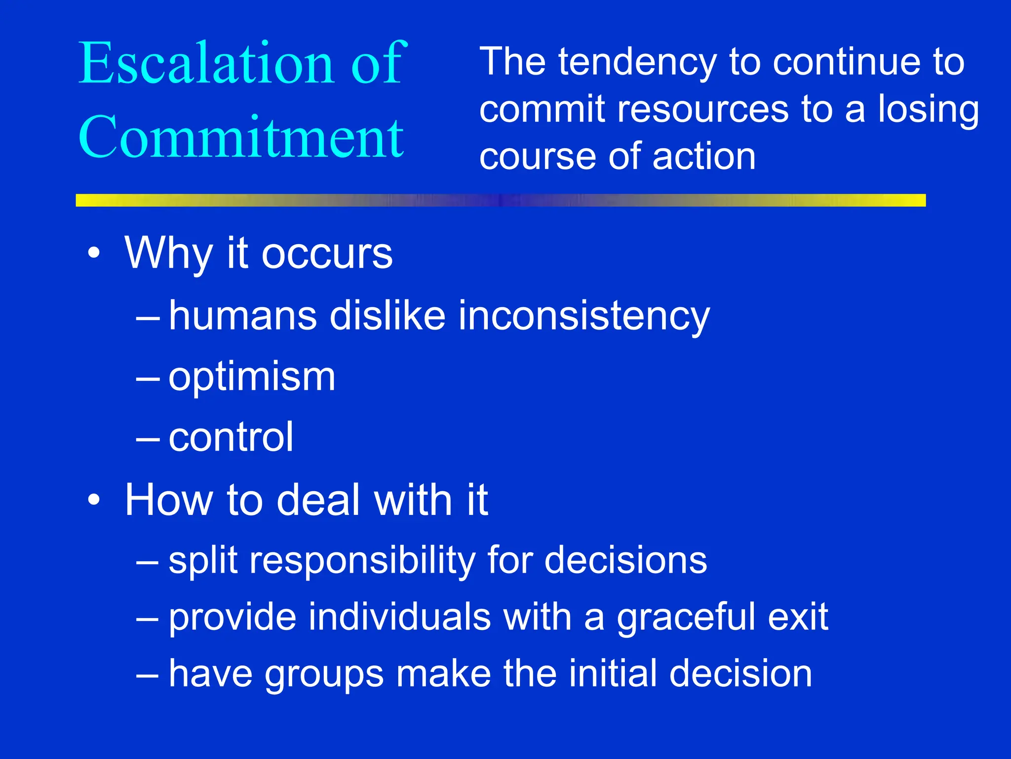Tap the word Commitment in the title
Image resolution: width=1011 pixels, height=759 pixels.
[241, 137]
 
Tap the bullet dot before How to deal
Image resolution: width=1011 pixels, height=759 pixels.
[94, 501]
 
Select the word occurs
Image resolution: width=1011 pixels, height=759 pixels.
[327, 254]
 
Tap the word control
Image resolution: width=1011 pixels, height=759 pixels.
[231, 438]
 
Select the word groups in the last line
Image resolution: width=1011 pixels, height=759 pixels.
[324, 675]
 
